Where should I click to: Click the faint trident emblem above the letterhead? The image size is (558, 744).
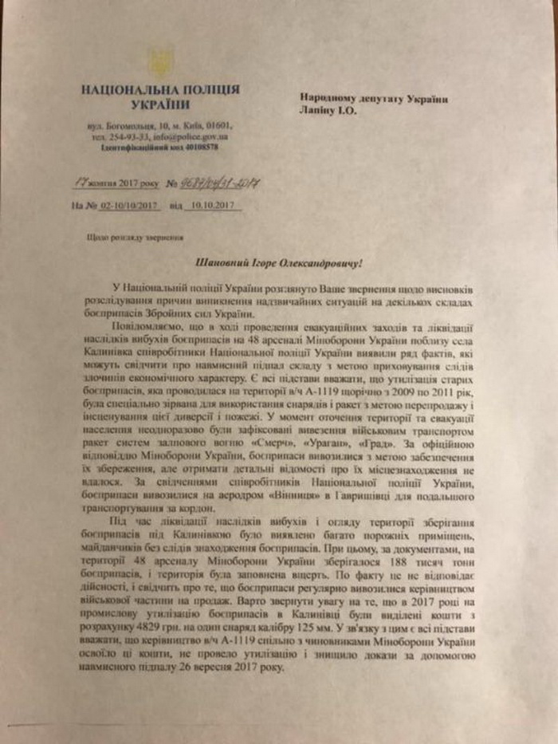[163, 61]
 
